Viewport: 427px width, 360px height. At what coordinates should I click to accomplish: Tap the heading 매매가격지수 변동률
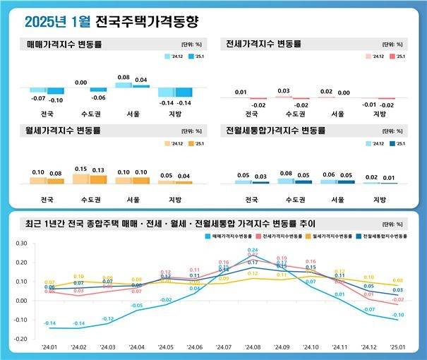(x=64, y=44)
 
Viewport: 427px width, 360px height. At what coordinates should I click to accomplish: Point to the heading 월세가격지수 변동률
(x=64, y=131)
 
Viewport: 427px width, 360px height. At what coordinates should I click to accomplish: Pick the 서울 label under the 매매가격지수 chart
(x=131, y=113)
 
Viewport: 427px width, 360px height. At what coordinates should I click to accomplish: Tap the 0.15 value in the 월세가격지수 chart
(x=80, y=169)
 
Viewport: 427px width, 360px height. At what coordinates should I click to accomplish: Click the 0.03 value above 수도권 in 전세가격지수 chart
(x=284, y=91)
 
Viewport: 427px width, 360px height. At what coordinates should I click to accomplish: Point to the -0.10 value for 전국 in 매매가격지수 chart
(x=56, y=100)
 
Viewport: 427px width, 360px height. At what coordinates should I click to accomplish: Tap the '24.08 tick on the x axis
(x=253, y=347)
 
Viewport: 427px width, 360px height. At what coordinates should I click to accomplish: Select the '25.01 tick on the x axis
(x=399, y=347)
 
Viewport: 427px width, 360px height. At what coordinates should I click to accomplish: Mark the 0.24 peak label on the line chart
(x=253, y=251)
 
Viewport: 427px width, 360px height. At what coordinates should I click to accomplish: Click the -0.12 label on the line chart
(x=107, y=319)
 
